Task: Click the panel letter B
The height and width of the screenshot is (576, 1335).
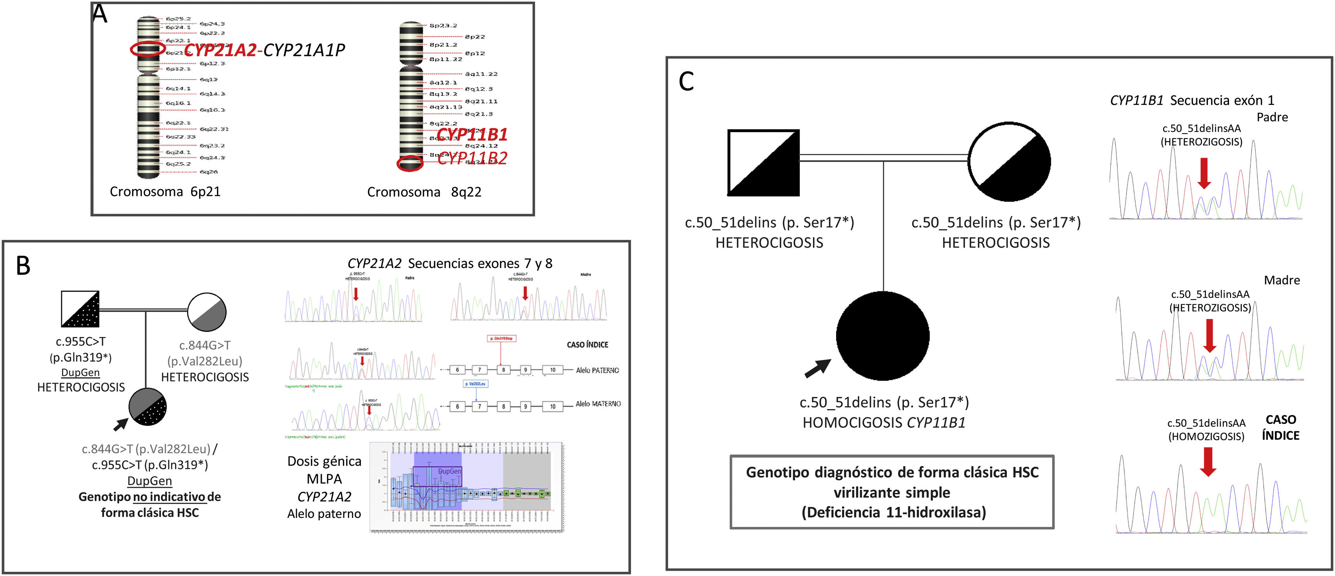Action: (x=23, y=266)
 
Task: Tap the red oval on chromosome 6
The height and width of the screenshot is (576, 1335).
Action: (x=148, y=49)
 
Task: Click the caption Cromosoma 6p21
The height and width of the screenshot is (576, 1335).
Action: (x=165, y=192)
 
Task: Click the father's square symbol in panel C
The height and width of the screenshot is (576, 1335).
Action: (x=763, y=163)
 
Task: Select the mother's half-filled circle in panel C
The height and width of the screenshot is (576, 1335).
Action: (x=1009, y=161)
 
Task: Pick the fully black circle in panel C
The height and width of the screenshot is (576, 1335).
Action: (x=882, y=336)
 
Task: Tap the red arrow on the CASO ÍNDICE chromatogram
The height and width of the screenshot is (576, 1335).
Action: (x=1208, y=461)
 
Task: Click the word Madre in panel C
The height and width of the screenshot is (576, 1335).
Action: (x=1282, y=280)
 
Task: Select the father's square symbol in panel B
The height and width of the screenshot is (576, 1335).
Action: (x=80, y=309)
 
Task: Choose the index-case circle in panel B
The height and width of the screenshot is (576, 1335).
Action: (x=148, y=406)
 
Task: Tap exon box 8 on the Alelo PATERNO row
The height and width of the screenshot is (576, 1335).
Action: (x=503, y=370)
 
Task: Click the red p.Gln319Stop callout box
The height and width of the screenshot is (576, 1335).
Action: (x=501, y=339)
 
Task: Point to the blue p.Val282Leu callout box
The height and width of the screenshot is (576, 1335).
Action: (x=475, y=384)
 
